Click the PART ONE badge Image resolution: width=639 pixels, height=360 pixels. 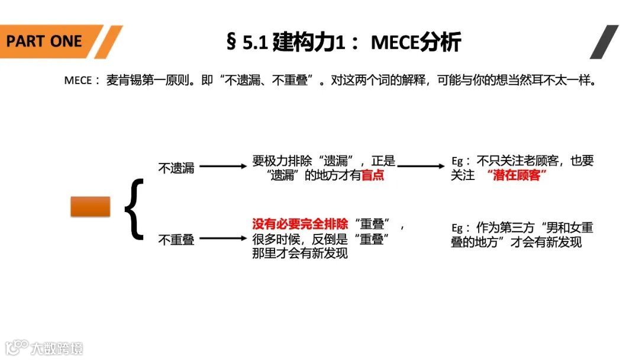tap(44, 41)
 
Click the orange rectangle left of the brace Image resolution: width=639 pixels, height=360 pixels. tap(91, 206)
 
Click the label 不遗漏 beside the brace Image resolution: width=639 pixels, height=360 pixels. tap(176, 168)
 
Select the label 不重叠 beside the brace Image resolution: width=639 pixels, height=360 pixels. tap(176, 240)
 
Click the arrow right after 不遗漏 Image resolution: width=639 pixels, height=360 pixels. tap(223, 167)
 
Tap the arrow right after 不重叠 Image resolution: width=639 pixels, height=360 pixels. tap(223, 239)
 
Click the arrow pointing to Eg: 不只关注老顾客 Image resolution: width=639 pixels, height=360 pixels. tap(420, 167)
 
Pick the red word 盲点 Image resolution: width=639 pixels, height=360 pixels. tap(372, 176)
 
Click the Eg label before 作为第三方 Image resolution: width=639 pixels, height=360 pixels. tap(460, 228)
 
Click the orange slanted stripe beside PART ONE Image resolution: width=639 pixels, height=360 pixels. tap(108, 41)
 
